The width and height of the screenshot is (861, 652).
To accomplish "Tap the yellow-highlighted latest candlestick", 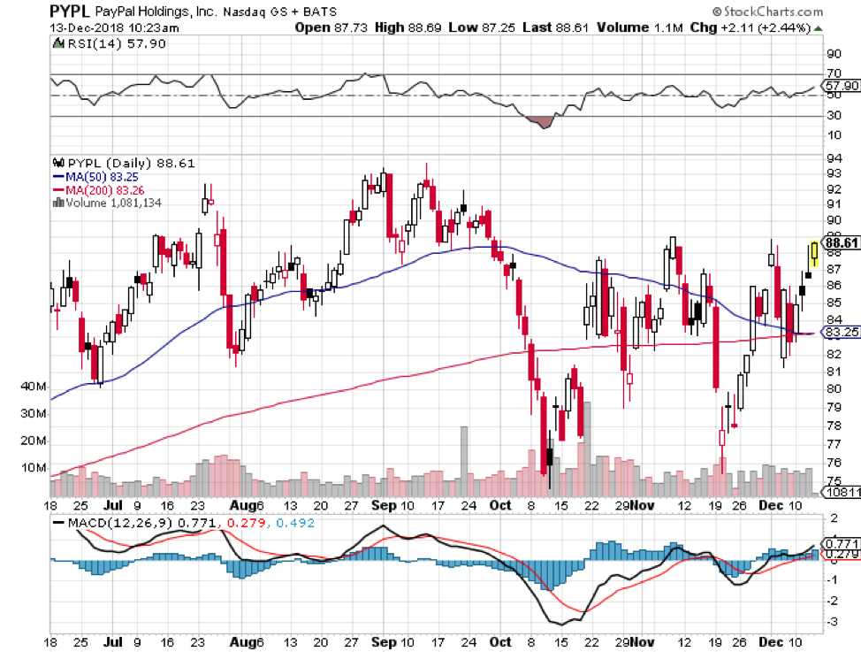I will (x=813, y=253).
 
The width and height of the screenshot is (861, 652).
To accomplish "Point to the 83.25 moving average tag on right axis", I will (x=841, y=333).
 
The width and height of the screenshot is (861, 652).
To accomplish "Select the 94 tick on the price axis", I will (x=833, y=158).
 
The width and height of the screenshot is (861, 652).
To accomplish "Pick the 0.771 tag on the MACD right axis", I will (x=840, y=542).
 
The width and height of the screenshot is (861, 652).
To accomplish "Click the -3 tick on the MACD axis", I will (x=831, y=622).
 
